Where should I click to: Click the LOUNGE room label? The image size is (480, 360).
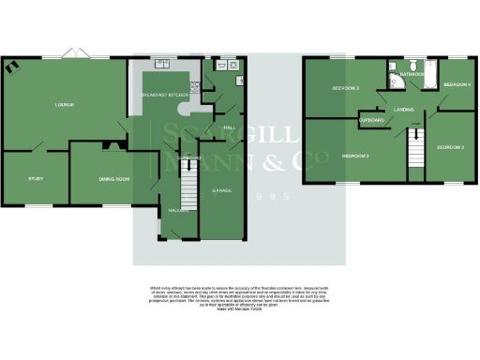click(65, 104)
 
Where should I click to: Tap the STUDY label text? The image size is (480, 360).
click(36, 178)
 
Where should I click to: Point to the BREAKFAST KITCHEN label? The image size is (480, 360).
click(165, 95)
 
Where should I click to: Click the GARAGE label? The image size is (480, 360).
click(221, 190)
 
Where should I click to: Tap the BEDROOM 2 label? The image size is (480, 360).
click(353, 155)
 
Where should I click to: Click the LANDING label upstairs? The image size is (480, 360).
click(405, 110)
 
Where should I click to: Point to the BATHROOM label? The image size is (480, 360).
click(412, 73)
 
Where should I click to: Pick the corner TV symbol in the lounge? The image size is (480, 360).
click(11, 66)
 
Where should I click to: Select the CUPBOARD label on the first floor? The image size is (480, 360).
click(373, 120)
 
